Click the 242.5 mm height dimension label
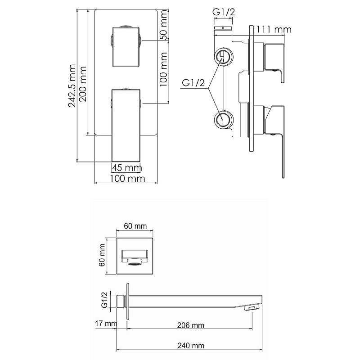click(72, 86)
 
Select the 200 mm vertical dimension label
click(83, 84)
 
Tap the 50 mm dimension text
click(164, 25)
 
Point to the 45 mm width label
click(127, 168)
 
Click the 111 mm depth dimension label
click(274, 30)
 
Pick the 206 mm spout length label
click(190, 325)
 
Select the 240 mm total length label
click(191, 346)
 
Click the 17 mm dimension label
click(106, 324)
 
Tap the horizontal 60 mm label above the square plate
click(135, 226)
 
